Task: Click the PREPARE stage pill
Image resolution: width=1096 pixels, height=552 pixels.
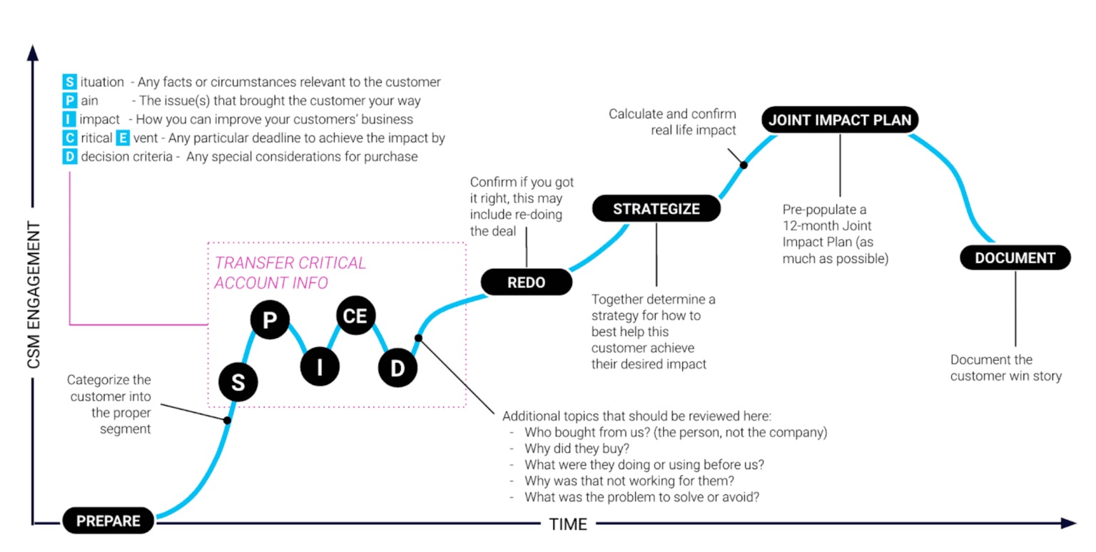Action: tap(108, 521)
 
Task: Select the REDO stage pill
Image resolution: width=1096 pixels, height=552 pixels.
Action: tap(527, 282)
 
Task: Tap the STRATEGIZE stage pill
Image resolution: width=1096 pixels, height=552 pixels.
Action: tap(656, 209)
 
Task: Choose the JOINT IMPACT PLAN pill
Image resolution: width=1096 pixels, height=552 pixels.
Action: tap(840, 120)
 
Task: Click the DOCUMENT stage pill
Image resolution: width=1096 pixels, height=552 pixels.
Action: tap(1015, 257)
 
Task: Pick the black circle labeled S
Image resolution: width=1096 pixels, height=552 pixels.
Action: tap(238, 384)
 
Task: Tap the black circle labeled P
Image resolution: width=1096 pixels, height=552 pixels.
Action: tap(269, 320)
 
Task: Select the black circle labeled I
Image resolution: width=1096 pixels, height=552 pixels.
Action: tap(320, 367)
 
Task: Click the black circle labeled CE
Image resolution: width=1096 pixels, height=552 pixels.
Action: tap(355, 316)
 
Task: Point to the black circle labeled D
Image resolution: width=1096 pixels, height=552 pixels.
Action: tap(397, 367)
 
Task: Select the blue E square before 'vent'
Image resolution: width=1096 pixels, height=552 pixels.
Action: tap(123, 138)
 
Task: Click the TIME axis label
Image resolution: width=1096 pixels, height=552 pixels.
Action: tap(568, 525)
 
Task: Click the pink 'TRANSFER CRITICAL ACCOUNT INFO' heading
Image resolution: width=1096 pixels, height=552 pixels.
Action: tap(290, 272)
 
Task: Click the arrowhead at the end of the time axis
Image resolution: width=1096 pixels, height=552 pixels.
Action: tap(1067, 523)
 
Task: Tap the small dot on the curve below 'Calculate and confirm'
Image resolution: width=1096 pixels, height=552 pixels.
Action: tap(744, 165)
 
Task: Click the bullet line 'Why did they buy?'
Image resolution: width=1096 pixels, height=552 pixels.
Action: tap(576, 448)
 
